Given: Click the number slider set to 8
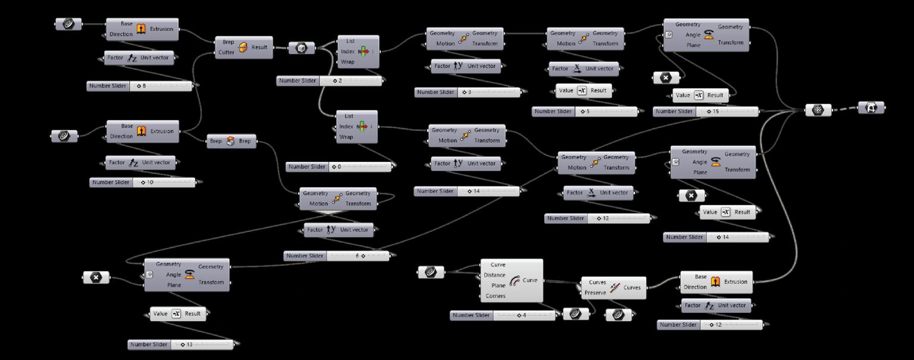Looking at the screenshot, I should [140, 86].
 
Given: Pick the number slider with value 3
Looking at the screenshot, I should [467, 92].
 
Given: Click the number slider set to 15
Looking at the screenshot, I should [706, 111].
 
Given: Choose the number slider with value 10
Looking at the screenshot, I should [143, 182].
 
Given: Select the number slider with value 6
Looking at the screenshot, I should [337, 256].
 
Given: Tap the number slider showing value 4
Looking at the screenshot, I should [503, 315].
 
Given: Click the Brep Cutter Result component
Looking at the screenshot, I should [243, 48].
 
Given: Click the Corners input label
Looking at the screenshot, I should [495, 296].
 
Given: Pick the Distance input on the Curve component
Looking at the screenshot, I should [494, 275].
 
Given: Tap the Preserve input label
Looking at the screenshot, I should [595, 292].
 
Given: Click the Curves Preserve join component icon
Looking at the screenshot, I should [615, 287].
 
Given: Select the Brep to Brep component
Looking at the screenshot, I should [231, 142].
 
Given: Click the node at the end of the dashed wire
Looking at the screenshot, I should [871, 108].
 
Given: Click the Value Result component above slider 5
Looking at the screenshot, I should [583, 90].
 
